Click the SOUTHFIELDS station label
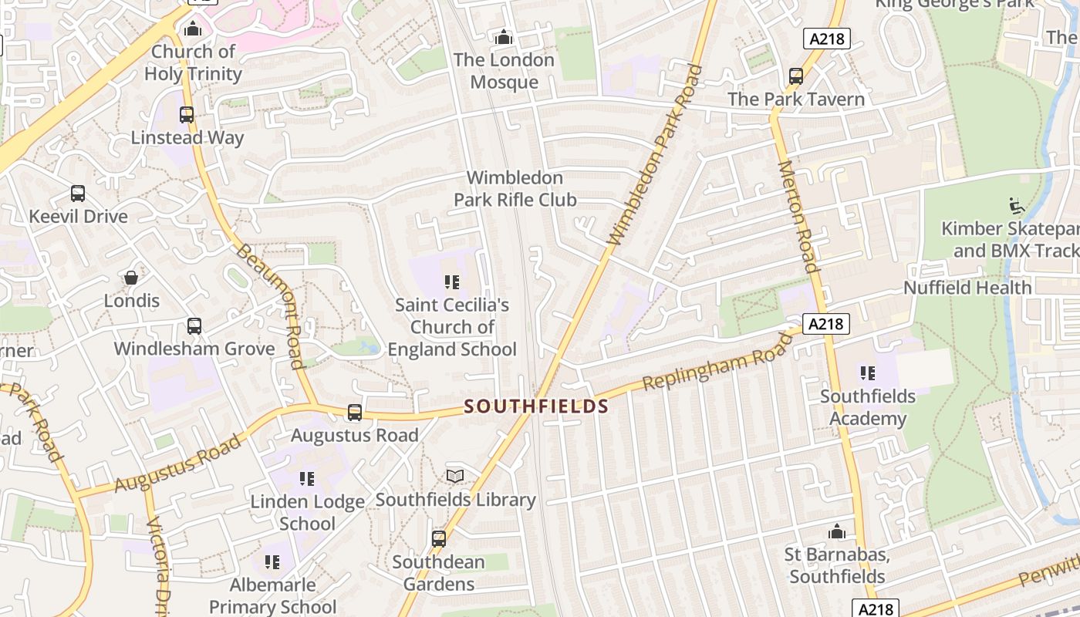pyautogui.click(x=537, y=406)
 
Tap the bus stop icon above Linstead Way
pyautogui.click(x=187, y=115)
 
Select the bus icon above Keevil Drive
pyautogui.click(x=78, y=194)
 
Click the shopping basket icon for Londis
pyautogui.click(x=131, y=278)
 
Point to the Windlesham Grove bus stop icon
pyautogui.click(x=194, y=326)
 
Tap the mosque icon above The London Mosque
pyautogui.click(x=504, y=37)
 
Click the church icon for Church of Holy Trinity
pyautogui.click(x=193, y=29)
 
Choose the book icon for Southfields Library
pyautogui.click(x=455, y=477)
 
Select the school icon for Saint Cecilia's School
pyautogui.click(x=452, y=282)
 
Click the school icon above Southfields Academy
pyautogui.click(x=868, y=373)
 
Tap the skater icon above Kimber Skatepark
pyautogui.click(x=1017, y=206)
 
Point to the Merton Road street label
pyautogui.click(x=798, y=217)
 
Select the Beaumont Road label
pyautogui.click(x=269, y=305)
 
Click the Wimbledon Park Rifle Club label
pyautogui.click(x=515, y=189)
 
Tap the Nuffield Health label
pyautogui.click(x=967, y=288)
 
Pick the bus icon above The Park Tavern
pyautogui.click(x=796, y=76)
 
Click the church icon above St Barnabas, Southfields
pyautogui.click(x=837, y=531)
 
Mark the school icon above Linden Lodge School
pyautogui.click(x=307, y=479)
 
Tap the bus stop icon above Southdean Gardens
pyautogui.click(x=439, y=539)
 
